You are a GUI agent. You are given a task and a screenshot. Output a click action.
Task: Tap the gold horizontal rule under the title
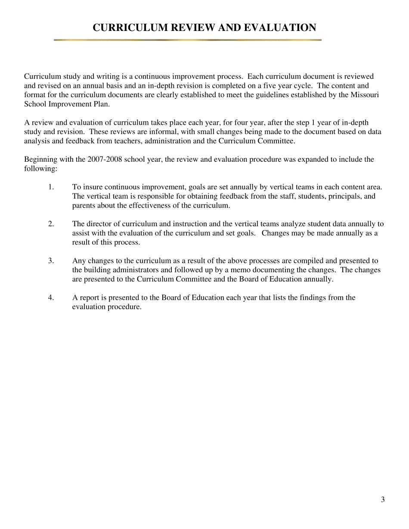pos(187,40)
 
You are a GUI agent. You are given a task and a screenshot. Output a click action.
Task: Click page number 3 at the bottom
pos(383,499)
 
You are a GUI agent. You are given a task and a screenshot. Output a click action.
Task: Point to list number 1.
pos(51,187)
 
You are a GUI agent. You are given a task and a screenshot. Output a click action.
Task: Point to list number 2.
pos(51,224)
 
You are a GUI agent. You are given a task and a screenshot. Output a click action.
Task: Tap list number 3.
pos(51,261)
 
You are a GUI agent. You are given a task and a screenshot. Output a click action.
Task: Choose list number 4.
pos(51,298)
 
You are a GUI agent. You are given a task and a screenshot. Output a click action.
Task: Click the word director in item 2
pos(97,224)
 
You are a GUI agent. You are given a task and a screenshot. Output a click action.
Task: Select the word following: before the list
pos(40,169)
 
